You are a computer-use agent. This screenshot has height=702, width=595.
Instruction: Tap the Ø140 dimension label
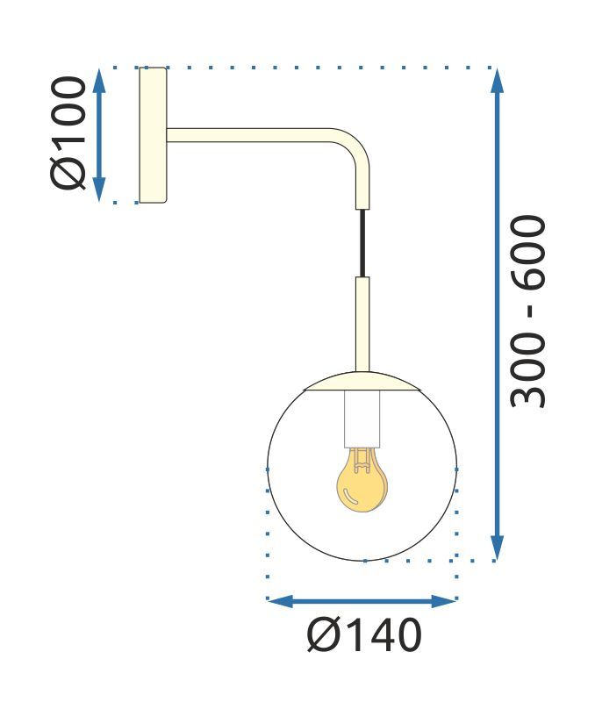(364, 635)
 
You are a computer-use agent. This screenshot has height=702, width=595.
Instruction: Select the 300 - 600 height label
(529, 312)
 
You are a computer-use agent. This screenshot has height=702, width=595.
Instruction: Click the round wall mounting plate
(153, 134)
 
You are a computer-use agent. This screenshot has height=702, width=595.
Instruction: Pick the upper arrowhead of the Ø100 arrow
(99, 79)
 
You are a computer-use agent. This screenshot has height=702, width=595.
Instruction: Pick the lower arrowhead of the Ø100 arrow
(99, 190)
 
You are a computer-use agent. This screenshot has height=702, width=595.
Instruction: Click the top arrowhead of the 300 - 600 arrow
(498, 80)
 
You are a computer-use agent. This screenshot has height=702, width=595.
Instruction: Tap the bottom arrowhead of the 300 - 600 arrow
(498, 548)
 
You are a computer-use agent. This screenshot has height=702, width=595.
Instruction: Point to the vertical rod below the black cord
(362, 325)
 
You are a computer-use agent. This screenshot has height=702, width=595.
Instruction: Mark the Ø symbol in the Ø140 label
(322, 635)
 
